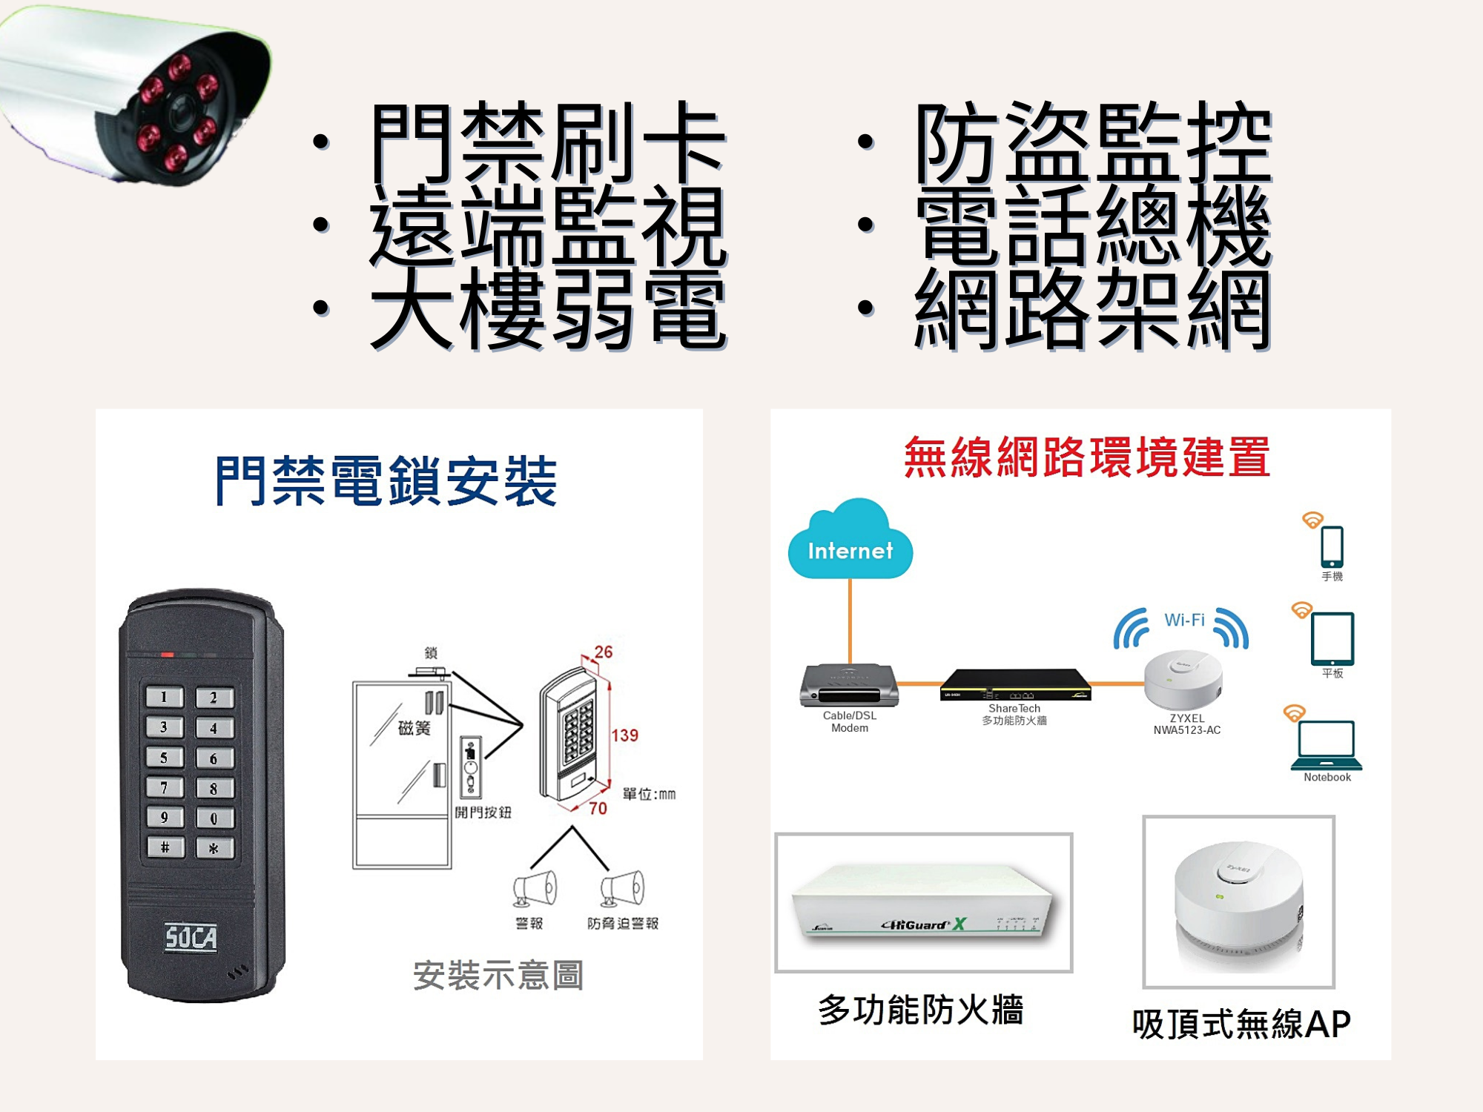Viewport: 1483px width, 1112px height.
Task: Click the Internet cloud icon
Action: (850, 541)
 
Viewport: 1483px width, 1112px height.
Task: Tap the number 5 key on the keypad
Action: (164, 757)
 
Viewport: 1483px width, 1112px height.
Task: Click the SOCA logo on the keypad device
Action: (191, 938)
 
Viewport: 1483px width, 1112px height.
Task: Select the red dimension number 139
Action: (624, 735)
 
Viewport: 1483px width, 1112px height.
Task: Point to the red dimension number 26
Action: (604, 652)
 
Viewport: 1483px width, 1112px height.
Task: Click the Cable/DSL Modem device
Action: (849, 685)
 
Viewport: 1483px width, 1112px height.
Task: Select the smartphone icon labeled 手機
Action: (1332, 546)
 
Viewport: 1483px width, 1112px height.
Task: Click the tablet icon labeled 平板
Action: (1332, 639)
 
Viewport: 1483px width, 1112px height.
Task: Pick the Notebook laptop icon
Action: (1327, 745)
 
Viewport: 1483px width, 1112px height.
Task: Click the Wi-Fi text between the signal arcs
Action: (1184, 620)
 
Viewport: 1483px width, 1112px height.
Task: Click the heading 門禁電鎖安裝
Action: (386, 481)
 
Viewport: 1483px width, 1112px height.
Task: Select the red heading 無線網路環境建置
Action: (1086, 457)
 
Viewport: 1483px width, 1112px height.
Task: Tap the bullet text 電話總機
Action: (1094, 225)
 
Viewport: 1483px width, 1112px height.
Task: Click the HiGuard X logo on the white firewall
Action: (924, 924)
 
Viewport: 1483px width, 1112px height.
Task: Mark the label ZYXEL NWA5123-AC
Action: (1186, 724)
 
